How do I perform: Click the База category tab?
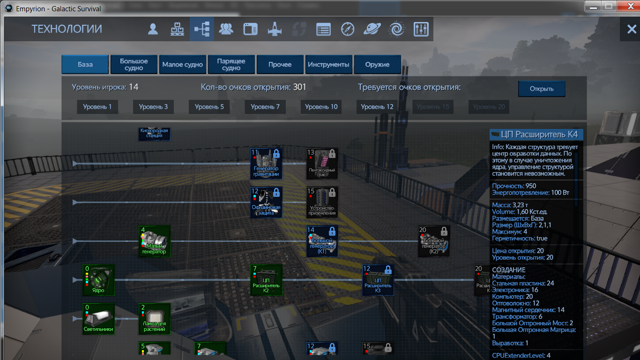85,65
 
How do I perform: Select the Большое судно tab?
134,65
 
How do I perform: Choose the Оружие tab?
377,65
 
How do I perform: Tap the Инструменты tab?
328,65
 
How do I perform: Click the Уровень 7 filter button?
265,107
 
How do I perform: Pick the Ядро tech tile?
98,280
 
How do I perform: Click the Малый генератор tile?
154,241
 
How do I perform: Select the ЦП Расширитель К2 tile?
266,280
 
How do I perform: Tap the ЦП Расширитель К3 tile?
378,280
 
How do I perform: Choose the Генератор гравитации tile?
266,163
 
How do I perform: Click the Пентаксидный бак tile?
322,163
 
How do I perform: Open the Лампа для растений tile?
154,319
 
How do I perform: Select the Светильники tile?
98,319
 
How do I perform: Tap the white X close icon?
631,30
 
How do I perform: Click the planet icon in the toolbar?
372,30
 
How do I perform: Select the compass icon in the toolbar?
348,30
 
